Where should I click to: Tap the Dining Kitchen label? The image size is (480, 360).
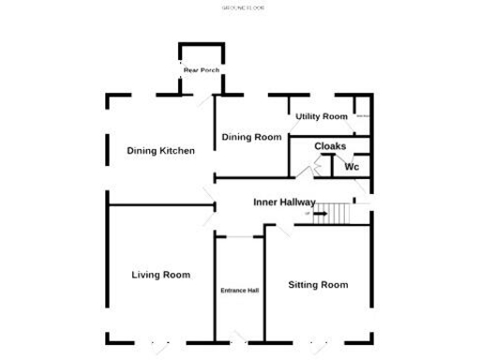(x=160, y=151)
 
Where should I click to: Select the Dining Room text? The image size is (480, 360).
(x=251, y=138)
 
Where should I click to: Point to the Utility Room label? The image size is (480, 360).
(x=321, y=117)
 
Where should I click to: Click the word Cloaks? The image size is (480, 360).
(x=330, y=146)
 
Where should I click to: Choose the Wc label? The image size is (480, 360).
(x=352, y=167)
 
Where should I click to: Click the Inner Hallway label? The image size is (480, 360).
(x=284, y=202)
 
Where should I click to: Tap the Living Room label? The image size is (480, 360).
(x=160, y=275)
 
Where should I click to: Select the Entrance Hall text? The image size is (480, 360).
(x=239, y=291)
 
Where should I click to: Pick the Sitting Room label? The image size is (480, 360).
(x=318, y=284)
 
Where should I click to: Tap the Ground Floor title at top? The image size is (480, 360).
(x=243, y=7)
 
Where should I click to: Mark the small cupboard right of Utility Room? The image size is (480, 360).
(x=362, y=116)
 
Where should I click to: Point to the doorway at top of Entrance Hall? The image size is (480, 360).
(x=239, y=236)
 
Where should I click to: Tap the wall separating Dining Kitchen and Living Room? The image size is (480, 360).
(x=155, y=205)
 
